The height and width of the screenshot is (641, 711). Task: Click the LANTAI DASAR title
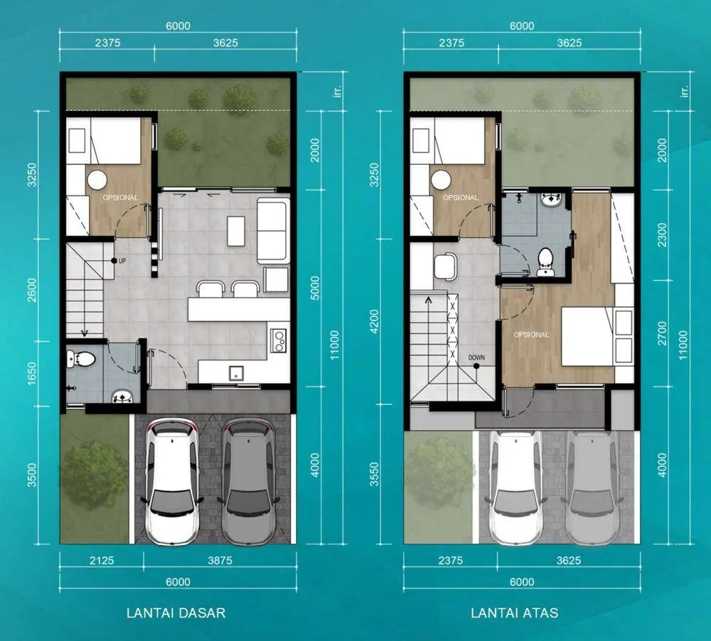click(176, 613)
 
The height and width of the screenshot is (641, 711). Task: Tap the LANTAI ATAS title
click(514, 613)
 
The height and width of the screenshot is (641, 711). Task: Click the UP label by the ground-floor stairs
click(122, 261)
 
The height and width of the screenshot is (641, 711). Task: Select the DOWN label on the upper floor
click(476, 357)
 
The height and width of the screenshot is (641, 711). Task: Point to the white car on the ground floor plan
click(172, 481)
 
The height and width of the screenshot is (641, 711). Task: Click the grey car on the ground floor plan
click(248, 481)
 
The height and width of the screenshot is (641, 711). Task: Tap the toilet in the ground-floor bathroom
click(81, 360)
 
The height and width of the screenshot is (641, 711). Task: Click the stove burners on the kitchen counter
click(279, 340)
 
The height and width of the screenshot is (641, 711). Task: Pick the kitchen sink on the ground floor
click(236, 373)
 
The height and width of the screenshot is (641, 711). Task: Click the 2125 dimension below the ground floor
click(102, 561)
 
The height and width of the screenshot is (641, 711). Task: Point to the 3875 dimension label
click(220, 561)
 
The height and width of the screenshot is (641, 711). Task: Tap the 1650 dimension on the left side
click(32, 374)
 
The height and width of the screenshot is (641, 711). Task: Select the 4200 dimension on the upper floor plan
click(374, 321)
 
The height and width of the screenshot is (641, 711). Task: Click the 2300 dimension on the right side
click(662, 235)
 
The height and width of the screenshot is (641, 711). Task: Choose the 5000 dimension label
click(315, 288)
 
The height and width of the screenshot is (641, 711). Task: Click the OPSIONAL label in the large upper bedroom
click(531, 335)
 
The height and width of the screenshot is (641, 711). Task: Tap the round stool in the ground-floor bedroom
click(97, 180)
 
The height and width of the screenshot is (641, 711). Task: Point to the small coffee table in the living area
click(236, 231)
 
